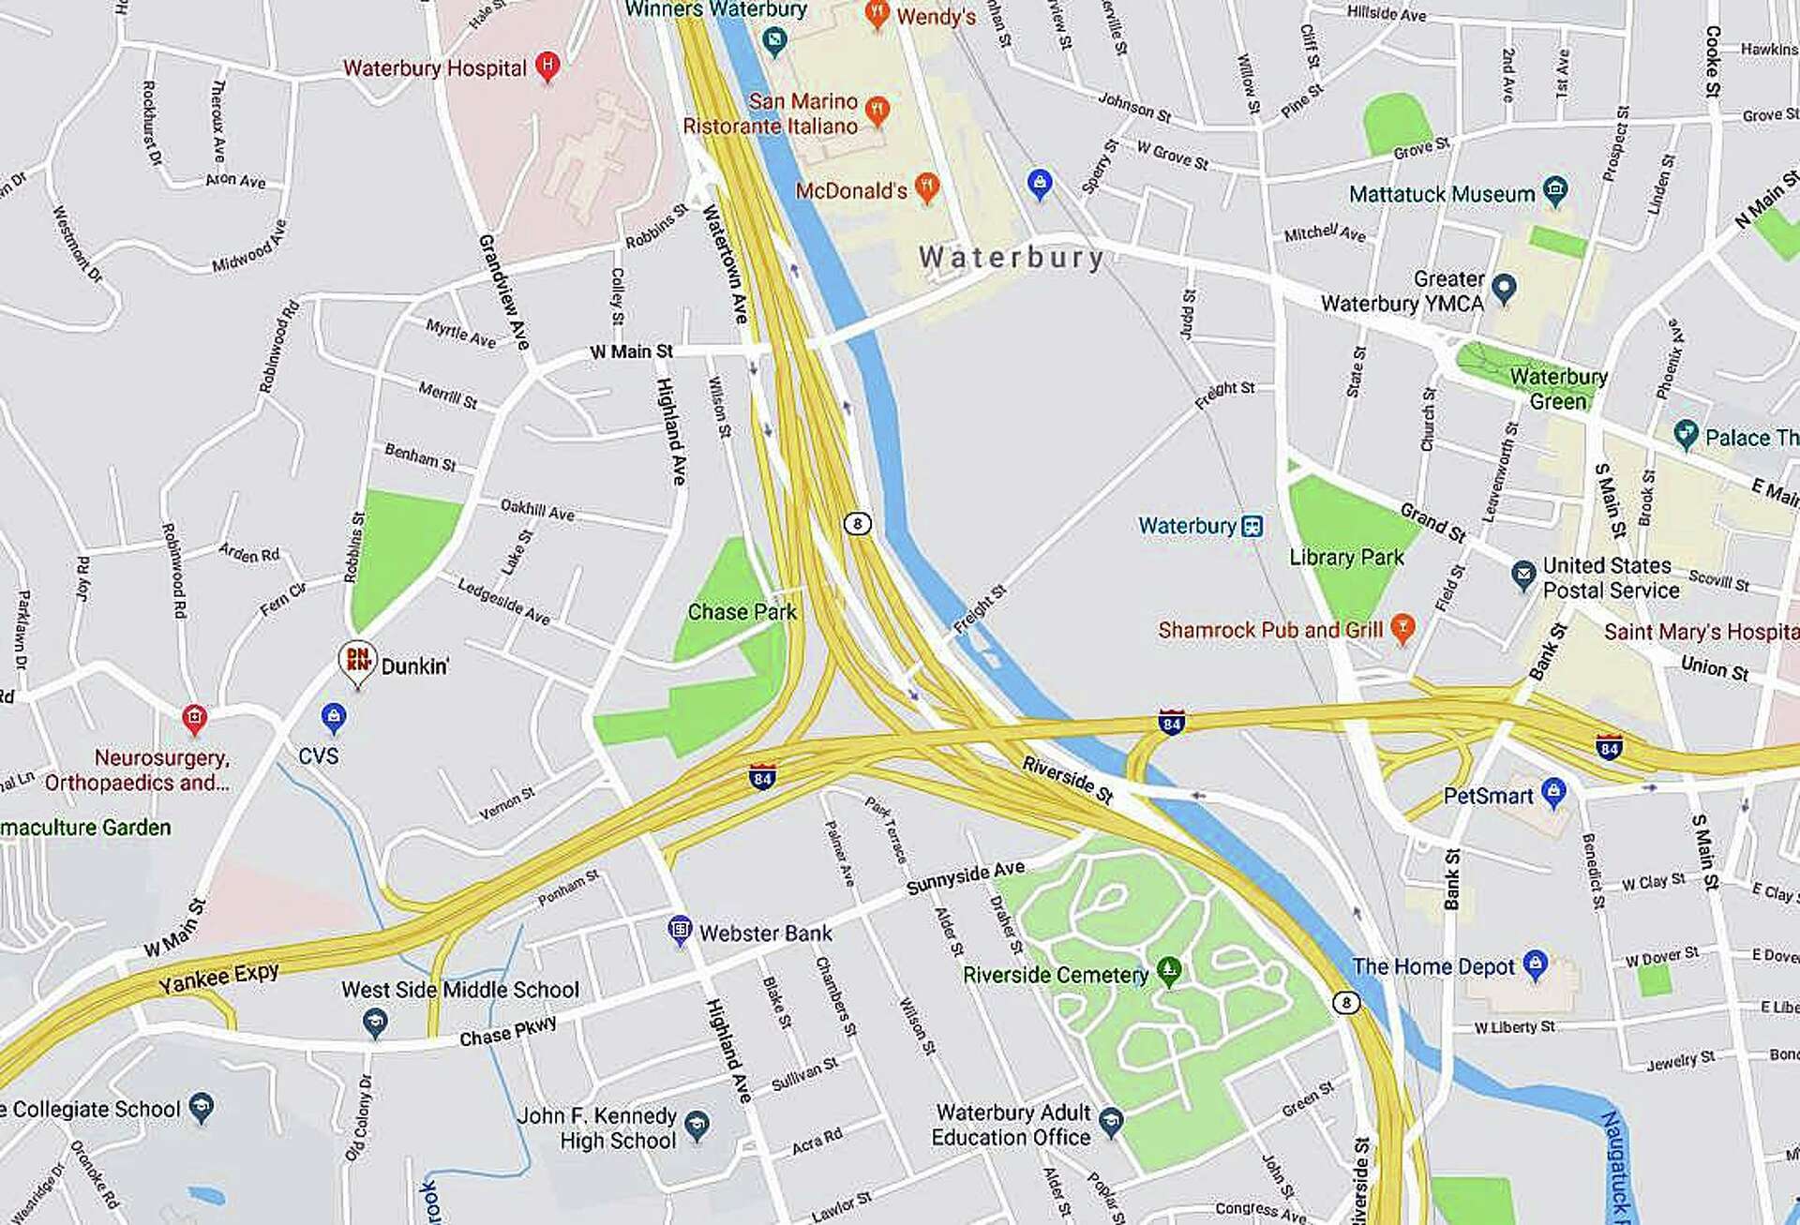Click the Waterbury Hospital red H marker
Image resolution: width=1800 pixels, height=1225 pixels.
[x=547, y=66]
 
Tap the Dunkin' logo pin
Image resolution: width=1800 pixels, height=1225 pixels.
[x=357, y=660]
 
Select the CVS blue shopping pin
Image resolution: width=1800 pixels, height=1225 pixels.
[x=334, y=718]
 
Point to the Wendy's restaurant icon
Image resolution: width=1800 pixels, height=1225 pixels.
[x=877, y=13]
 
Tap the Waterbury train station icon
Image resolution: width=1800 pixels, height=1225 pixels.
[x=1252, y=526]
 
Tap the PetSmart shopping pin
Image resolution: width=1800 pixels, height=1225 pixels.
[x=1553, y=792]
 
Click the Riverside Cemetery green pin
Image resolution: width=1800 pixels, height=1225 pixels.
[x=1168, y=971]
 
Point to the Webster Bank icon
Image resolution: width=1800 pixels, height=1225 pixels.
[x=680, y=930]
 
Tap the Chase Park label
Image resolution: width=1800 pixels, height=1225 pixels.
[x=742, y=612]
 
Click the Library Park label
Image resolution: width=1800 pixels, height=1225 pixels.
[x=1346, y=557]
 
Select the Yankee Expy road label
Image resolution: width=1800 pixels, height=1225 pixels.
[x=218, y=978]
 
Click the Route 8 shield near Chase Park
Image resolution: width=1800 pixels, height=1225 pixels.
[x=857, y=523]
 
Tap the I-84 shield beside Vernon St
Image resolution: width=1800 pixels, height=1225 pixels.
[x=761, y=777]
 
